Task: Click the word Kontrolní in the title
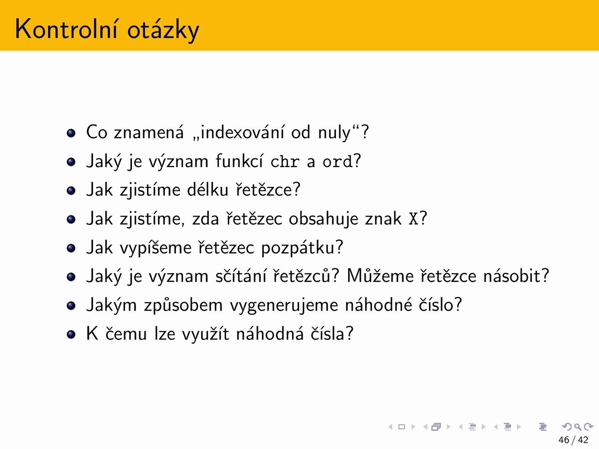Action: [66, 29]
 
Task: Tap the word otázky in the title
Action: [163, 30]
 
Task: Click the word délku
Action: [207, 189]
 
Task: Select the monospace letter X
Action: [413, 218]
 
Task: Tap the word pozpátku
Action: [298, 248]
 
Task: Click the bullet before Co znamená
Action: [71, 133]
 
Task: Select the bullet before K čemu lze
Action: [71, 334]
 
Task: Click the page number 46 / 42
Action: [573, 440]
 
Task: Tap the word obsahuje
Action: [323, 219]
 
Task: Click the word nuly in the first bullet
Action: [334, 133]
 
